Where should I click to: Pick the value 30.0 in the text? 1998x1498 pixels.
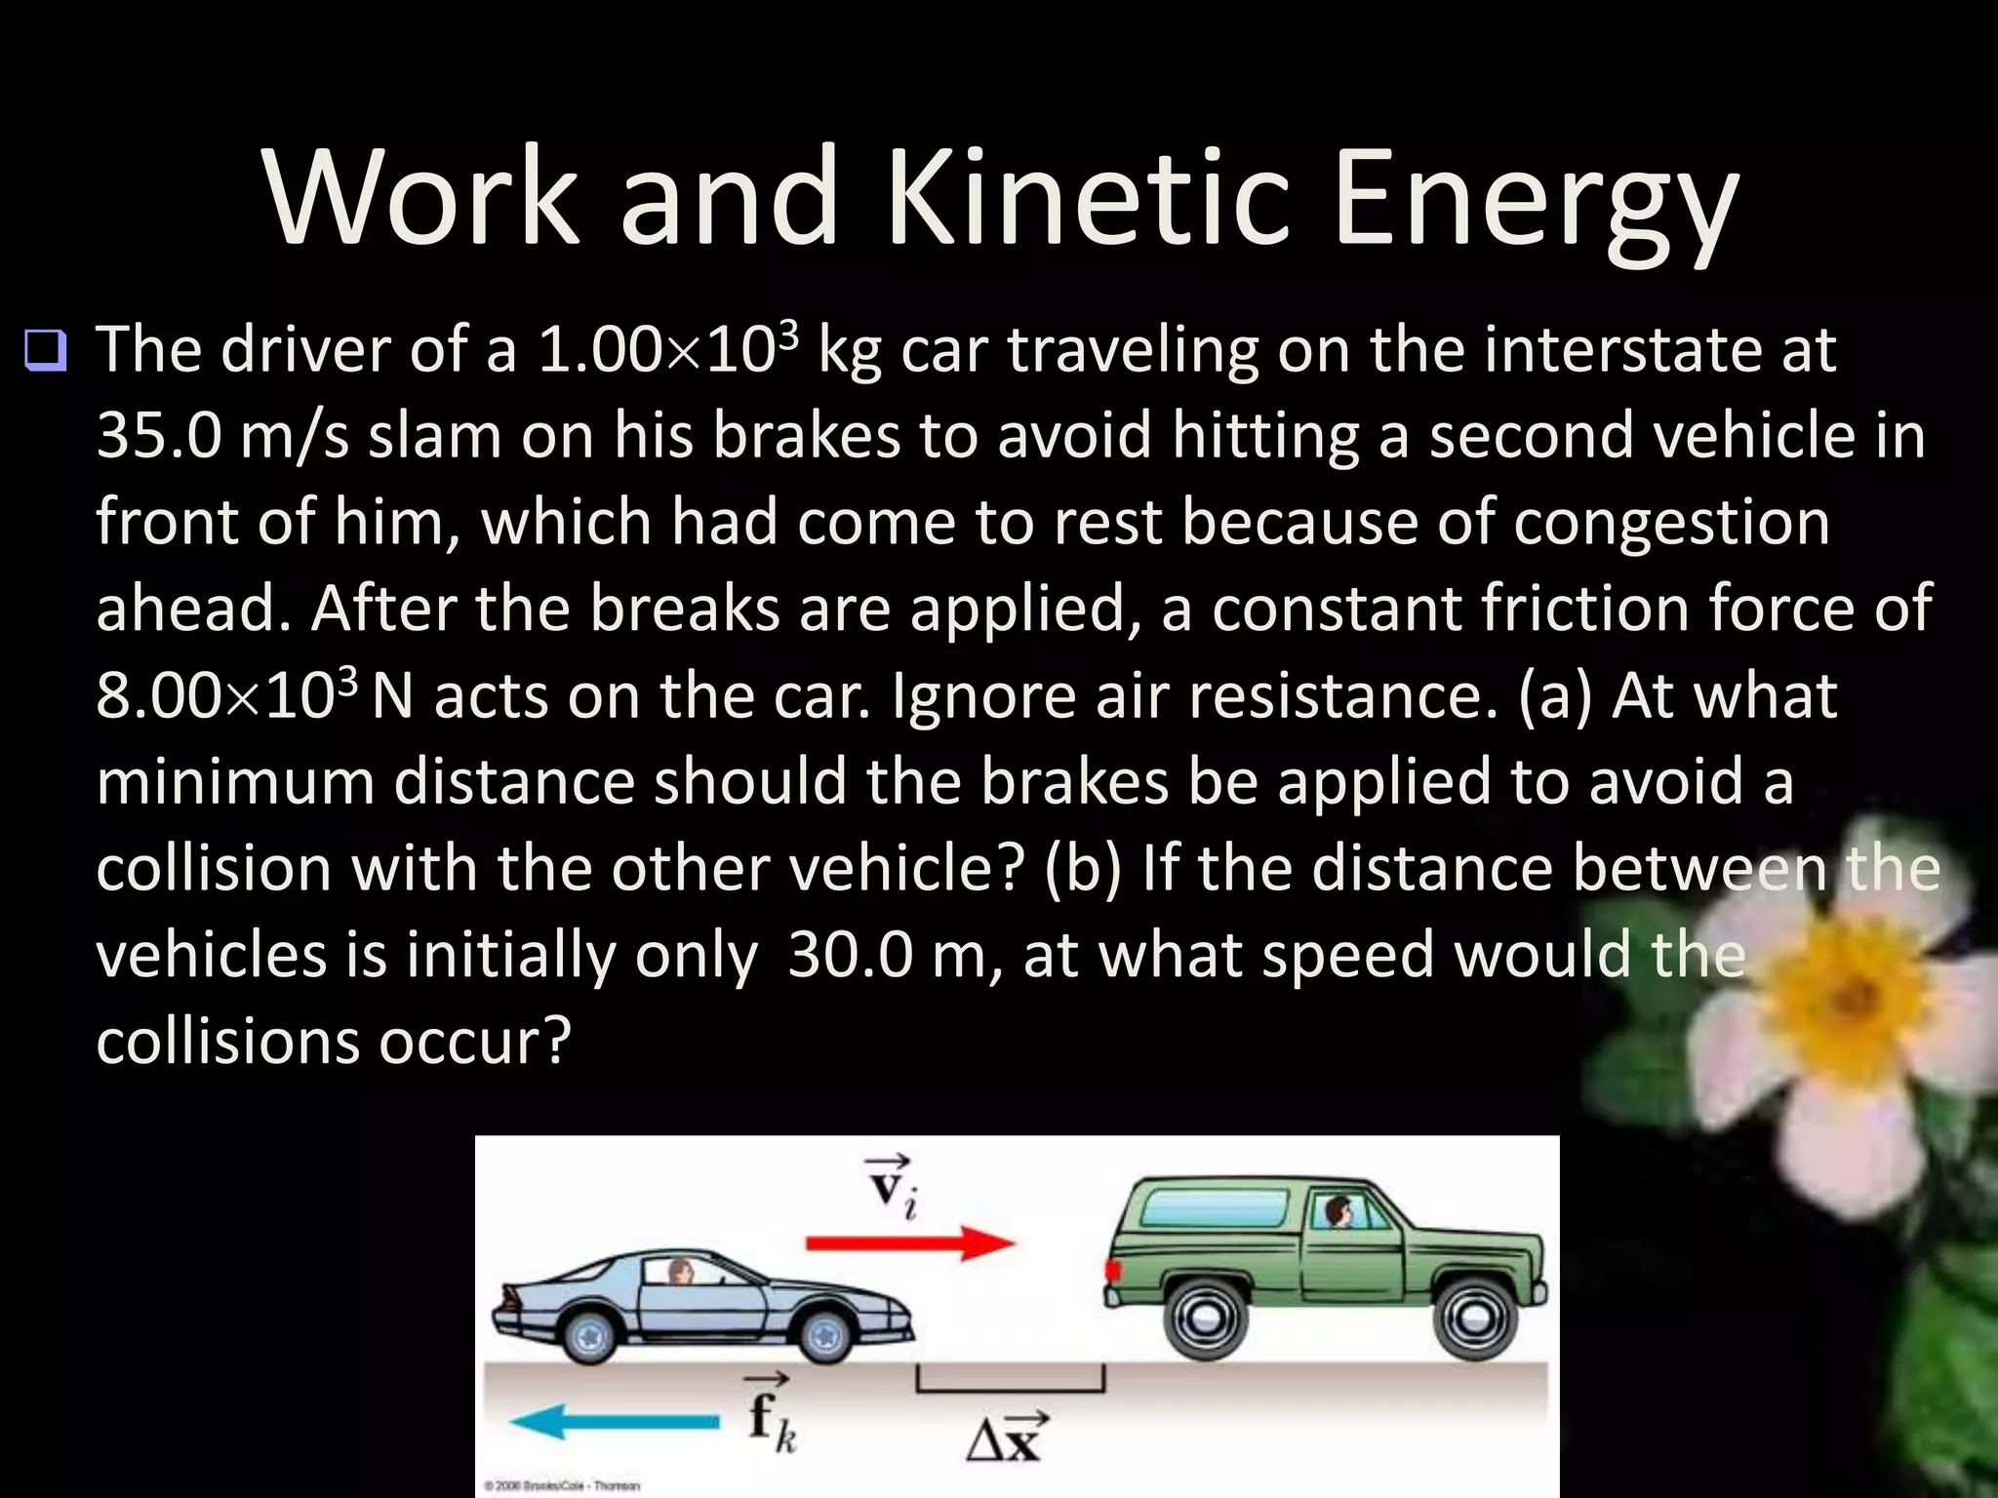click(849, 956)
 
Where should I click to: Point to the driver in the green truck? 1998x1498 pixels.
click(1337, 1213)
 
